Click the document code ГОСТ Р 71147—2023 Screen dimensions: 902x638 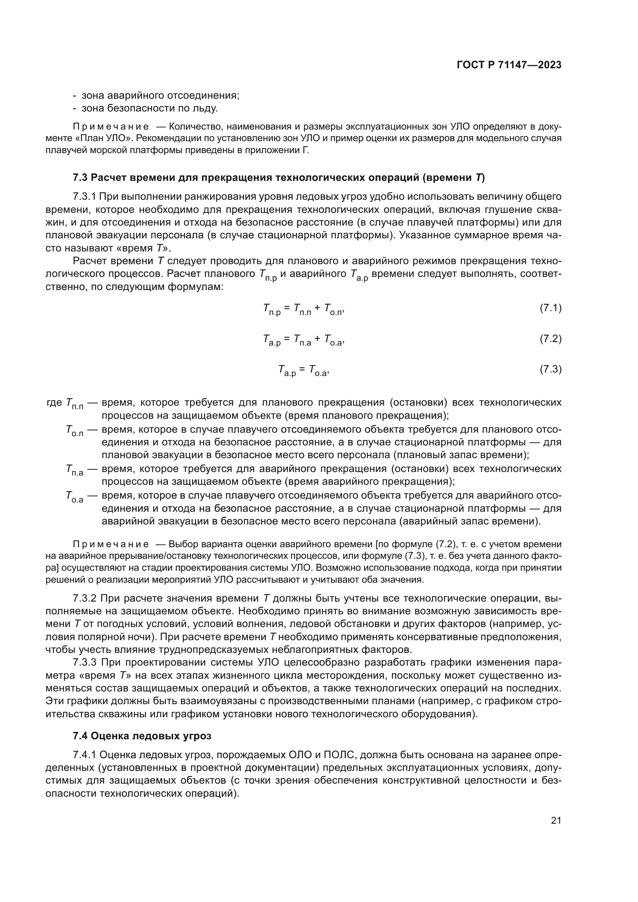(x=509, y=65)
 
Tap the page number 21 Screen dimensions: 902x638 (x=556, y=820)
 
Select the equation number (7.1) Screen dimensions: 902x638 (x=550, y=308)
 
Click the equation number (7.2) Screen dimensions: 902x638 (x=550, y=339)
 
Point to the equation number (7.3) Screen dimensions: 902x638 (x=550, y=369)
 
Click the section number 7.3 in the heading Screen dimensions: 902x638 (x=80, y=177)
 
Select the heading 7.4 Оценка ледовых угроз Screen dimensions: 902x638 (x=142, y=736)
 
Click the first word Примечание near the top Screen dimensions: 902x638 (x=111, y=127)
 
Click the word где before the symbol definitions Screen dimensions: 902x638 (x=54, y=403)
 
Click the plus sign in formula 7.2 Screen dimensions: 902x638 (x=317, y=340)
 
